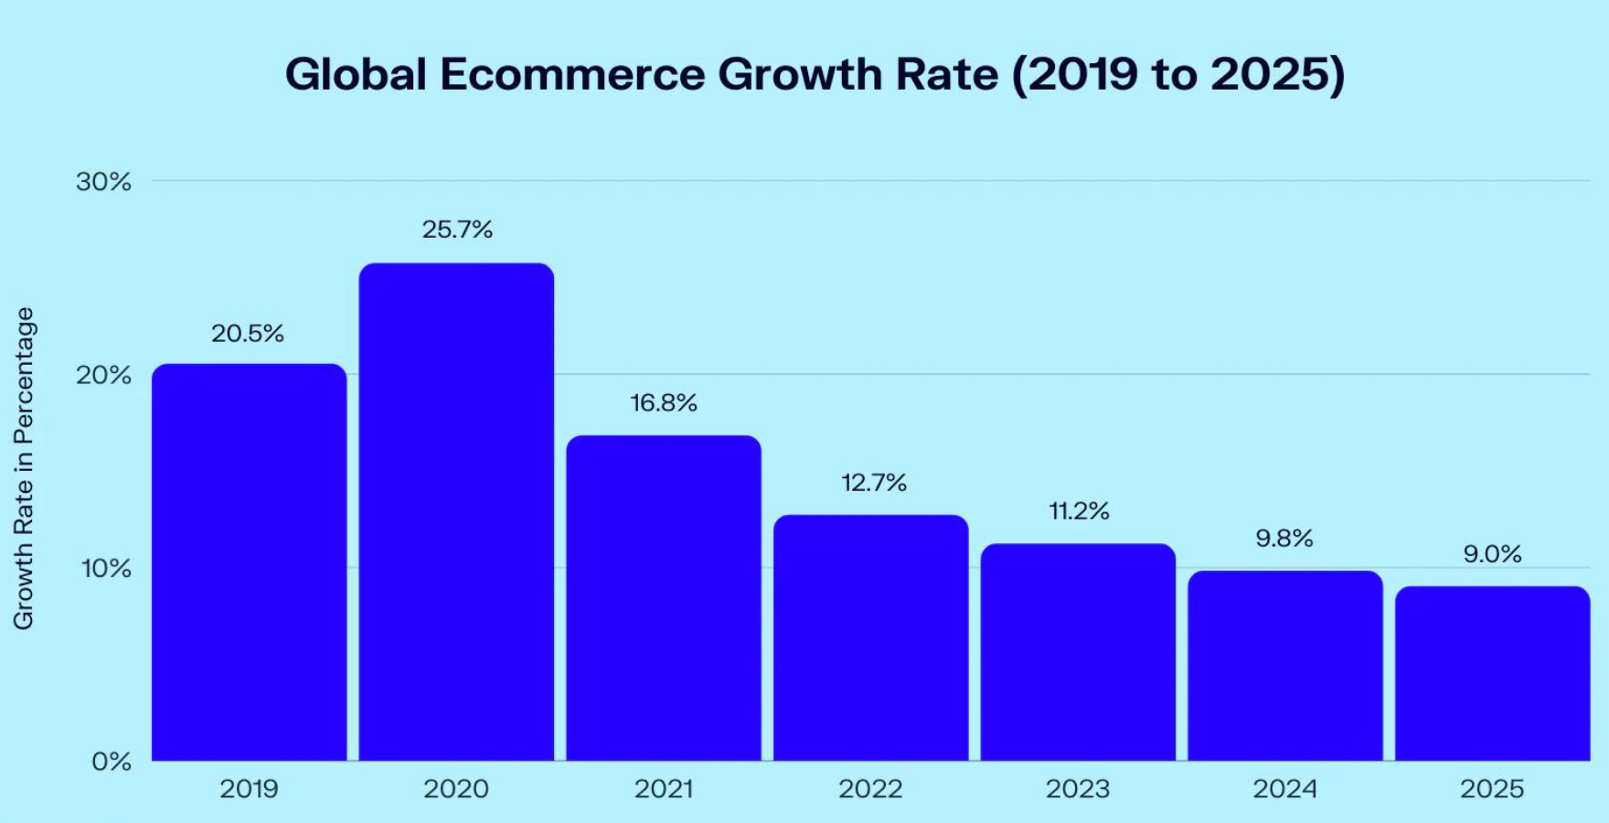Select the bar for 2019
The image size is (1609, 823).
[x=249, y=562]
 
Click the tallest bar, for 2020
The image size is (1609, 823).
[x=456, y=512]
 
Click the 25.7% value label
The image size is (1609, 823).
[x=457, y=230]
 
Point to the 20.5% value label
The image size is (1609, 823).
[x=248, y=334]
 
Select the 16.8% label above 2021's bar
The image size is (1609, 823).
[x=664, y=403]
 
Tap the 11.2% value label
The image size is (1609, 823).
[x=1079, y=511]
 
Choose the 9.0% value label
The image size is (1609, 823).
[x=1492, y=554]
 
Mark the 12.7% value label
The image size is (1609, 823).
[x=874, y=483]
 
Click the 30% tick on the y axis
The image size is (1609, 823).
[x=103, y=182]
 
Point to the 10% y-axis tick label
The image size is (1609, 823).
[x=106, y=569]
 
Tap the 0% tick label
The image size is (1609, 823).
[x=112, y=762]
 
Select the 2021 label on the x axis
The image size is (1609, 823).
[x=664, y=789]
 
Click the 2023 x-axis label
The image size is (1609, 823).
[x=1078, y=789]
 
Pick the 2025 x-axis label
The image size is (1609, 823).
[x=1492, y=789]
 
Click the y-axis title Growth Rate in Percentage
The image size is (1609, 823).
[x=24, y=468]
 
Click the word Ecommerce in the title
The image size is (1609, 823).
[x=572, y=74]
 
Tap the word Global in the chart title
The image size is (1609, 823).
[x=356, y=74]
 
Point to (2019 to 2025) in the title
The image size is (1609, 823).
[x=1177, y=74]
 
